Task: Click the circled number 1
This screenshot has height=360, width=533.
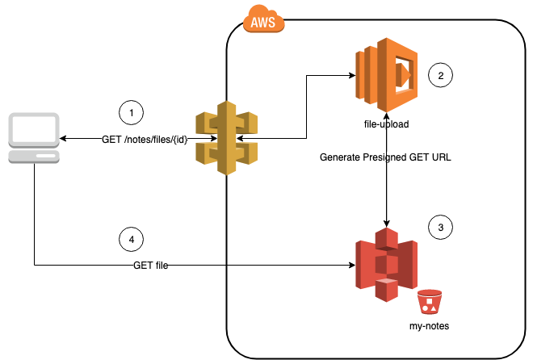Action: [x=130, y=111]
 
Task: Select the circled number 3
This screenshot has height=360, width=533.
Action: [x=440, y=228]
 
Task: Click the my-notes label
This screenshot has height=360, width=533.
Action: [x=430, y=326]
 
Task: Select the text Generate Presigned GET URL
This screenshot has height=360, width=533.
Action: [x=384, y=157]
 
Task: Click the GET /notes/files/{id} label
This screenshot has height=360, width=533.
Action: [x=145, y=140]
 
